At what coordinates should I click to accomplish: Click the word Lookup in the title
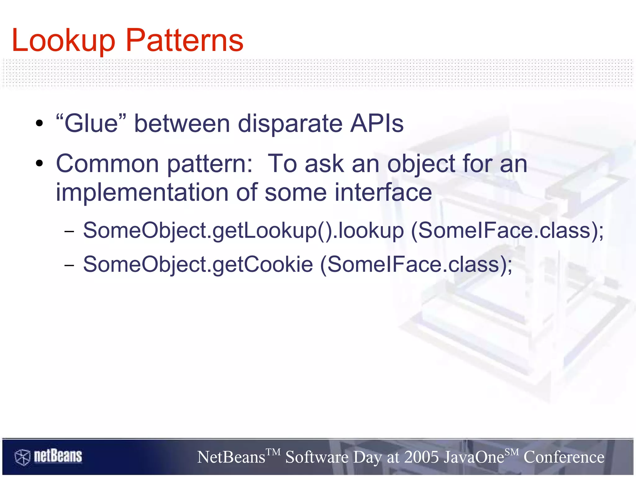click(63, 41)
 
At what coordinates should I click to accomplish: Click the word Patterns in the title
click(184, 41)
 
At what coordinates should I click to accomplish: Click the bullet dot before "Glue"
click(39, 124)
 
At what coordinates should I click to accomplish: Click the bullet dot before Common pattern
click(39, 164)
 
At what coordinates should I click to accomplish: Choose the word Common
click(107, 164)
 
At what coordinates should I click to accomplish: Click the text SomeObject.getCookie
click(198, 265)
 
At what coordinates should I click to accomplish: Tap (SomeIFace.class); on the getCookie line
click(416, 265)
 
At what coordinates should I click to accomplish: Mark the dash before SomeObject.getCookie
click(69, 265)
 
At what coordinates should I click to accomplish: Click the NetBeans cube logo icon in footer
click(22, 457)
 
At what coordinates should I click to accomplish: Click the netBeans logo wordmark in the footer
click(58, 456)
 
